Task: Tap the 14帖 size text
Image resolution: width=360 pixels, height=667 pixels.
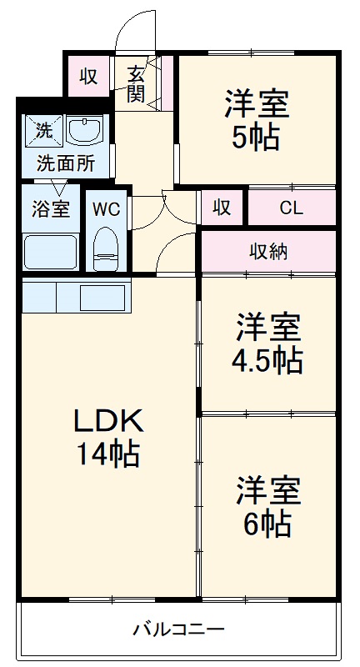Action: click(108, 454)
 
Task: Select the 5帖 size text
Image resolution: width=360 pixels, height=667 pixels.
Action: click(256, 138)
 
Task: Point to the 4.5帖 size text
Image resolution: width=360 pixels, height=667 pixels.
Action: click(267, 360)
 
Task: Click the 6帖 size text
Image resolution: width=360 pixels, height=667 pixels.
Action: click(267, 523)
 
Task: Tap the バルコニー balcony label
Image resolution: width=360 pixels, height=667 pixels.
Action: click(178, 629)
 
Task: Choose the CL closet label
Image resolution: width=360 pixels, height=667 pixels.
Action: click(291, 208)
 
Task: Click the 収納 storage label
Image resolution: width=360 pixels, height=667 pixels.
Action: click(267, 250)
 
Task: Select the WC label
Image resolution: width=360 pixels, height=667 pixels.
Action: click(106, 208)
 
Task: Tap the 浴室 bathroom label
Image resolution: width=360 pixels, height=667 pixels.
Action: click(51, 208)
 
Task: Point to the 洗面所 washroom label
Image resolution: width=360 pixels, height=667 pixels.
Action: click(65, 163)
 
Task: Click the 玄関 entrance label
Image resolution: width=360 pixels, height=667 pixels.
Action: click(137, 84)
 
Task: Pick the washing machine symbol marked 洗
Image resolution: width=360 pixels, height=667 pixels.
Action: click(42, 130)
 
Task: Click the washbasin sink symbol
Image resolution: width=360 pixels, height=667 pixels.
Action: click(84, 131)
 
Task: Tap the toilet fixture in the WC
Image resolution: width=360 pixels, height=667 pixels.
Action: click(106, 247)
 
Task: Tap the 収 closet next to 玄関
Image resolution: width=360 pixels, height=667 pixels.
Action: click(89, 77)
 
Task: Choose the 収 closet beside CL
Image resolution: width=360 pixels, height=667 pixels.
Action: click(221, 208)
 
